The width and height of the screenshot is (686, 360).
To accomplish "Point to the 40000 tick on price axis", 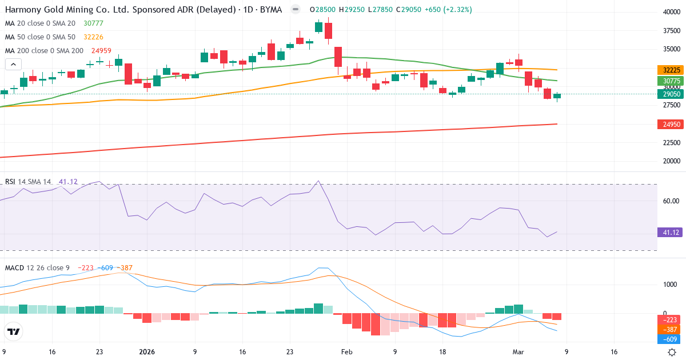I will point(671,11).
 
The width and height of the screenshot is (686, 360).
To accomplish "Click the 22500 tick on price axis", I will point(671,142).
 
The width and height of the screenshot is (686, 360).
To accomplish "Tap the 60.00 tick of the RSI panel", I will point(671,201).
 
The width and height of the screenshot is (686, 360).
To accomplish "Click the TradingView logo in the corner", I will point(14,331).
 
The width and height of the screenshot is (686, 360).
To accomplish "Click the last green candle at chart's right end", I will point(557,96).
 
